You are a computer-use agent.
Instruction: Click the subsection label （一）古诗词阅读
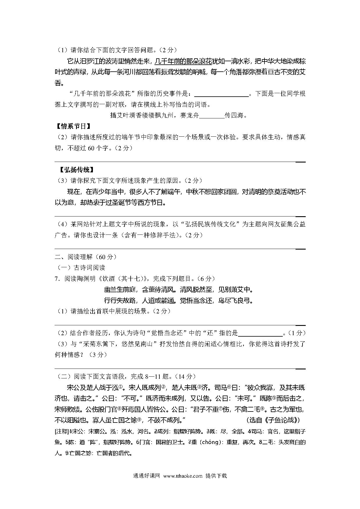[x=80, y=268]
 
